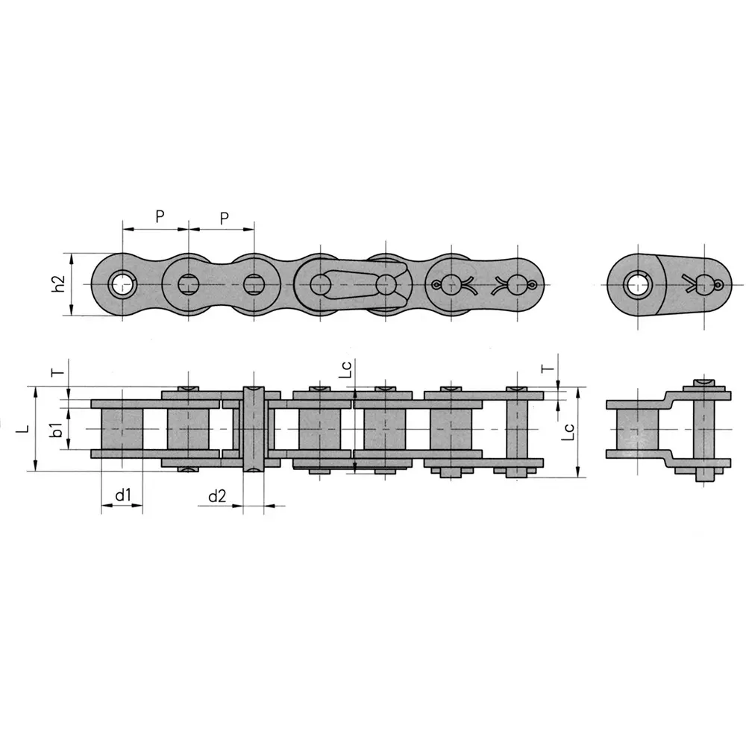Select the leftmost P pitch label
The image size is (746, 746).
[x=160, y=217]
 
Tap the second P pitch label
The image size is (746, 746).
[x=225, y=217]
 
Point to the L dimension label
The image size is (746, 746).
[x=25, y=429]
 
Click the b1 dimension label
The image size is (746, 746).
[x=55, y=430]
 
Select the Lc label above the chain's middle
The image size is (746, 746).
[x=345, y=371]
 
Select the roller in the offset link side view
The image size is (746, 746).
[x=637, y=430]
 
